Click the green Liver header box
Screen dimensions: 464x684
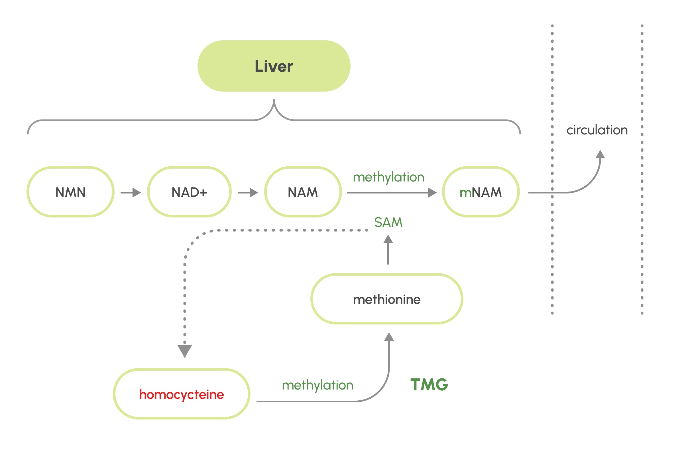274,66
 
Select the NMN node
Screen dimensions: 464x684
70,192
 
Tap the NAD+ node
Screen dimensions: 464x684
189,192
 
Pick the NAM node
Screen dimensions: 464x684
303,192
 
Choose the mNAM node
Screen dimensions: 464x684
481,192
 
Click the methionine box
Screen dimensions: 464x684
387,299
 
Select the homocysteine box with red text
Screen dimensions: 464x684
182,394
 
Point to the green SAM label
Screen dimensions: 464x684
388,222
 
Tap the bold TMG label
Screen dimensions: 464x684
429,385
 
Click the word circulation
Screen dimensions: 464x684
597,130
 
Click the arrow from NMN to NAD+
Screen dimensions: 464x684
131,193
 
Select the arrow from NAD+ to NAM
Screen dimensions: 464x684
248,193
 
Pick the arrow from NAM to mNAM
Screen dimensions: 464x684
391,193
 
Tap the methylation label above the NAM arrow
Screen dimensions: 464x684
388,177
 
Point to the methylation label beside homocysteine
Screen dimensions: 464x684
317,385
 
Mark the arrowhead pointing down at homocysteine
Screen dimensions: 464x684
185,351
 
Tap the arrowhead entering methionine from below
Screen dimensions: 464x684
389,337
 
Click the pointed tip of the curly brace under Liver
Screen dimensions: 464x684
274,101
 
